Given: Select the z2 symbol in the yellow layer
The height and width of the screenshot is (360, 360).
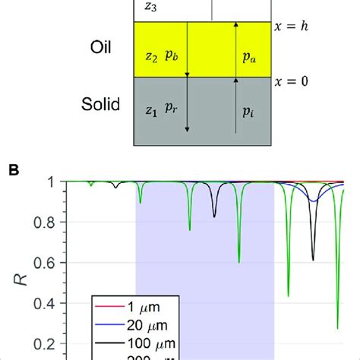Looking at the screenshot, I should coord(149,57).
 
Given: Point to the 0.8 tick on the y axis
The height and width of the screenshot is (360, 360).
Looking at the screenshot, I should coord(60,222).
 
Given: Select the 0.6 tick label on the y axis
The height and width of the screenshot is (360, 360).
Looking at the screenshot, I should coord(60,263).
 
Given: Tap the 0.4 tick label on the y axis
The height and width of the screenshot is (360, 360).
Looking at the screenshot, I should coord(60,304).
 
